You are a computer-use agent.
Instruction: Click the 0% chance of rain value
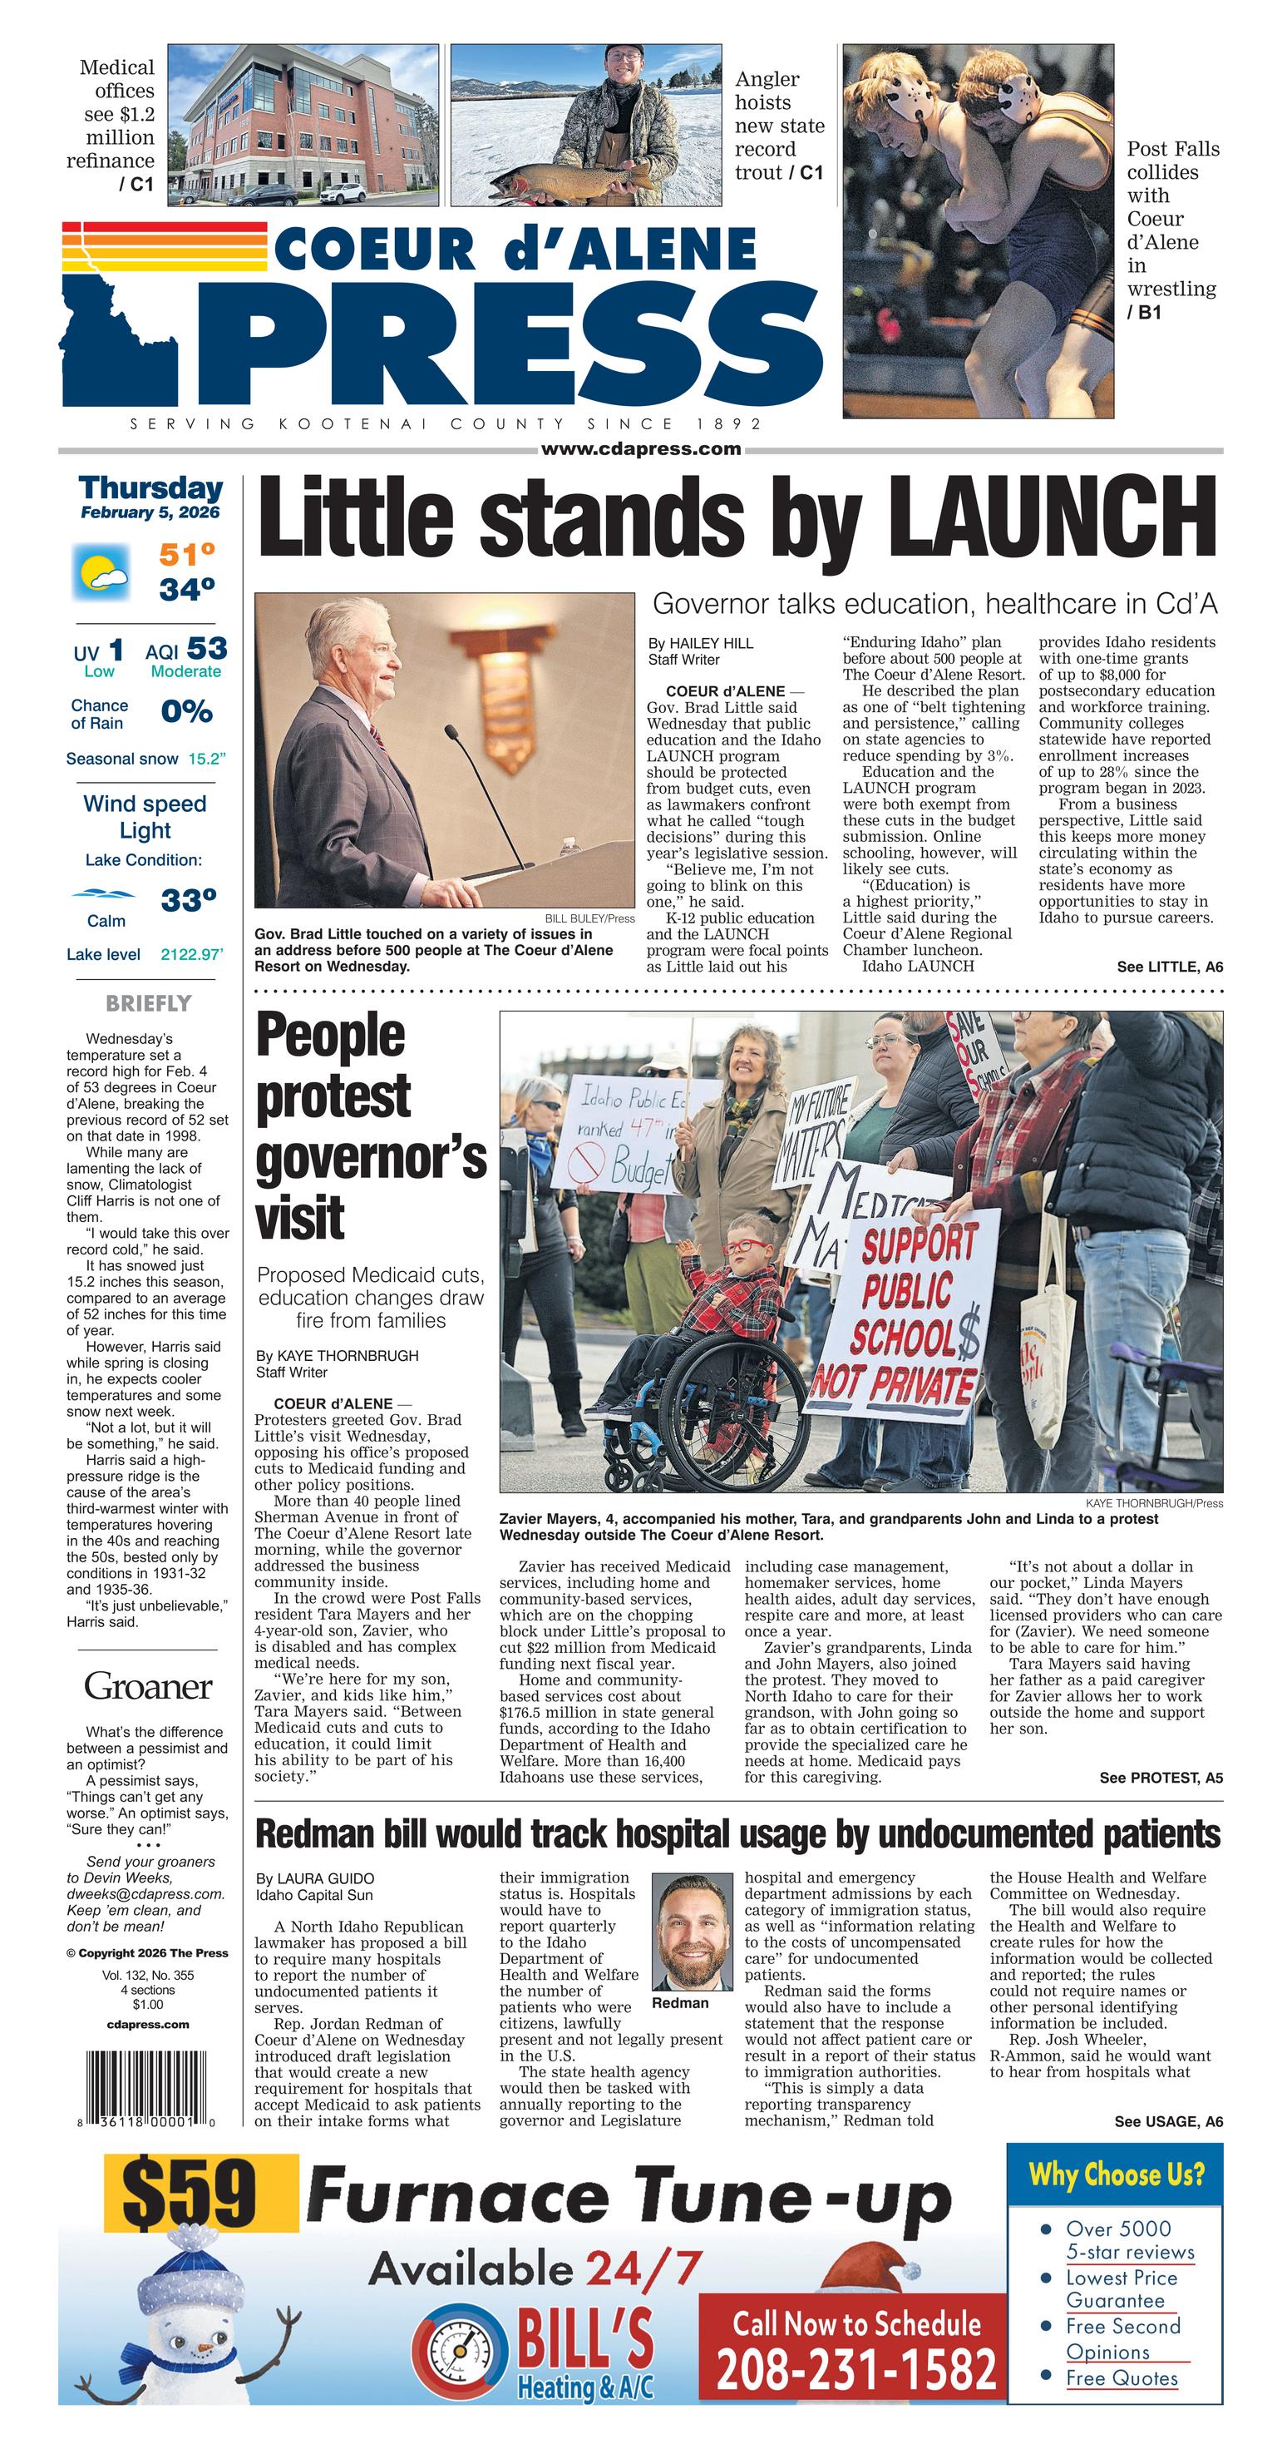point(186,712)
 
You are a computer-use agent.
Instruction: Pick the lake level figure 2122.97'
point(192,954)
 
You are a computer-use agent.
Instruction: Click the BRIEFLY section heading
point(148,1004)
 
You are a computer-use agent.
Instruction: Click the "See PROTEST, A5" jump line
point(1161,1778)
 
